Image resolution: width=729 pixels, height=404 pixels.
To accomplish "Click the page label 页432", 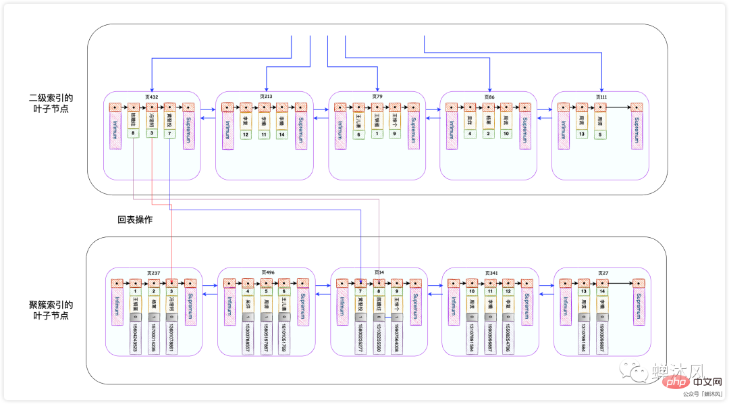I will click(x=152, y=97).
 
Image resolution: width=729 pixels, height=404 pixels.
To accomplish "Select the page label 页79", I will click(x=377, y=97).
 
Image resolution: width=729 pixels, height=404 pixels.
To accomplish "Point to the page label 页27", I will click(x=602, y=273).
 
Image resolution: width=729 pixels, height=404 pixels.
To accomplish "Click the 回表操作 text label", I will click(x=135, y=220).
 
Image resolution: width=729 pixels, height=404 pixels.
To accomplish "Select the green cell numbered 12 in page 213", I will click(x=246, y=134).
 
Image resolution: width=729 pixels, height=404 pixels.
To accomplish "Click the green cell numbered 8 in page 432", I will click(x=134, y=134).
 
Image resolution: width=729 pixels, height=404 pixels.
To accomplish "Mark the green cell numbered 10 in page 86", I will click(x=506, y=134).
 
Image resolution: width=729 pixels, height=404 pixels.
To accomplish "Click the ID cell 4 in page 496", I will click(x=248, y=291).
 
